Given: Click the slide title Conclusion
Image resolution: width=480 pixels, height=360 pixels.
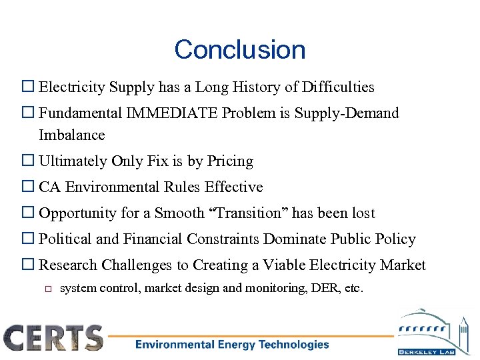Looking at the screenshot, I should tap(239, 50).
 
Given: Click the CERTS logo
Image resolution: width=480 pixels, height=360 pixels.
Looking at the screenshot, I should tap(54, 338).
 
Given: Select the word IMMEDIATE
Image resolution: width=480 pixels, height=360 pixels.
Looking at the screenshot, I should tap(177, 113).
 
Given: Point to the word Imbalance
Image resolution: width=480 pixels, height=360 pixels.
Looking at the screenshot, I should tap(72, 135).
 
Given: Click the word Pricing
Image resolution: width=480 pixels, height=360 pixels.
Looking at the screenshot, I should tap(230, 161).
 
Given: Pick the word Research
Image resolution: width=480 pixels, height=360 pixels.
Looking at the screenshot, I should tap(69, 265).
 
